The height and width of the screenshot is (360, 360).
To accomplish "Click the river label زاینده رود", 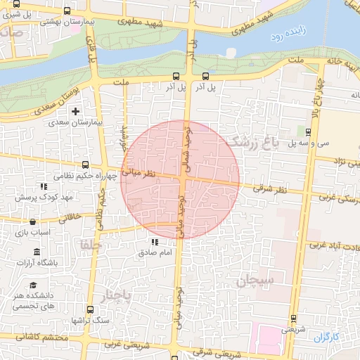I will click(290, 32).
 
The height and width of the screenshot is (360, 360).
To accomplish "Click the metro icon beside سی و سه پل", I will click(309, 131).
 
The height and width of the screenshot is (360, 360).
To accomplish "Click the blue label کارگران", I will click(326, 337).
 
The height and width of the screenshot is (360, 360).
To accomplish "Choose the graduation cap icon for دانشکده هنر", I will click(33, 285).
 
